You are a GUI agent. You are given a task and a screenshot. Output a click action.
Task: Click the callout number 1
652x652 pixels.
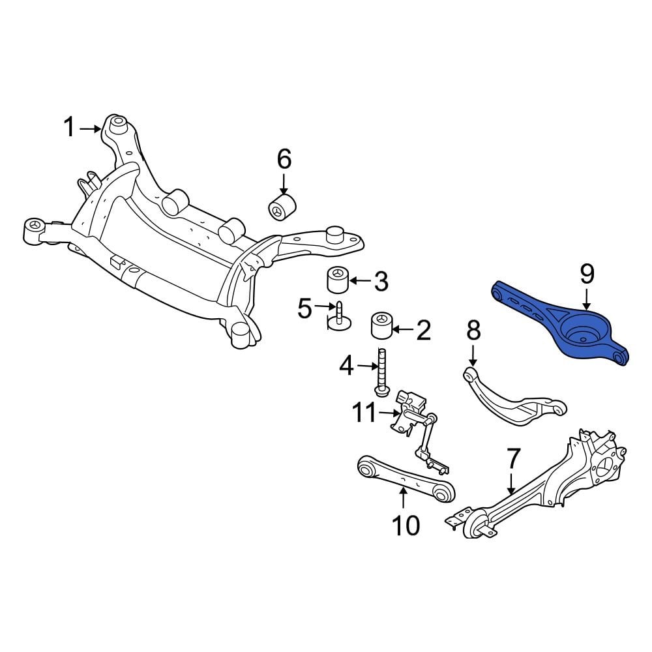click(69, 127)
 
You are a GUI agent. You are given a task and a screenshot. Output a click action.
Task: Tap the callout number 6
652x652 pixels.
click(284, 159)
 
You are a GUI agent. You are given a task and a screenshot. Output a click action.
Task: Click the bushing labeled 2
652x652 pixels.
click(381, 326)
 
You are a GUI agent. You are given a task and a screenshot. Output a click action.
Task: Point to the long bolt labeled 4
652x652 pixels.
click(381, 370)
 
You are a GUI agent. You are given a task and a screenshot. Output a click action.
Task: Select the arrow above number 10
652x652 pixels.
click(404, 499)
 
